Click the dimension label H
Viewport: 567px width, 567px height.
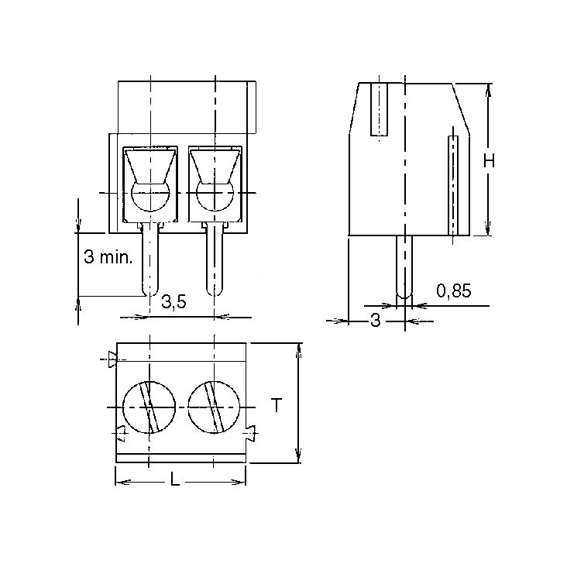point(490,160)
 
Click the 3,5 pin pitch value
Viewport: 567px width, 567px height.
point(174,302)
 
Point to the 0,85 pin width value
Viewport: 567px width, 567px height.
point(454,290)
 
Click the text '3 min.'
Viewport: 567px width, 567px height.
point(108,257)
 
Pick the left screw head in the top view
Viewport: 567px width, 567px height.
point(149,407)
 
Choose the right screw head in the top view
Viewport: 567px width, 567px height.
point(214,407)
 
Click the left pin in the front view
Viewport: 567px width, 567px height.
point(149,259)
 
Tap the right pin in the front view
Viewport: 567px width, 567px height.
point(215,259)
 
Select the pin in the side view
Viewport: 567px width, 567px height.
point(404,267)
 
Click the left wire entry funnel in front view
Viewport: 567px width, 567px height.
point(150,166)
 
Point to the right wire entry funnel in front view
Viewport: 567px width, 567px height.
point(215,166)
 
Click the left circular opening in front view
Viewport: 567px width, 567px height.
point(150,197)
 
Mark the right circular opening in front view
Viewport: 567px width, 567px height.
point(215,197)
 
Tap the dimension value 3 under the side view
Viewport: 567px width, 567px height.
point(376,321)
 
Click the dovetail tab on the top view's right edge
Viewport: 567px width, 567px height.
point(251,432)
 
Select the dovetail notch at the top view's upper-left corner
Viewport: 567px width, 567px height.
point(112,359)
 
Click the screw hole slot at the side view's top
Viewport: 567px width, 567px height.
point(379,109)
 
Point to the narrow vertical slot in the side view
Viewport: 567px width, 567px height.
point(453,185)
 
